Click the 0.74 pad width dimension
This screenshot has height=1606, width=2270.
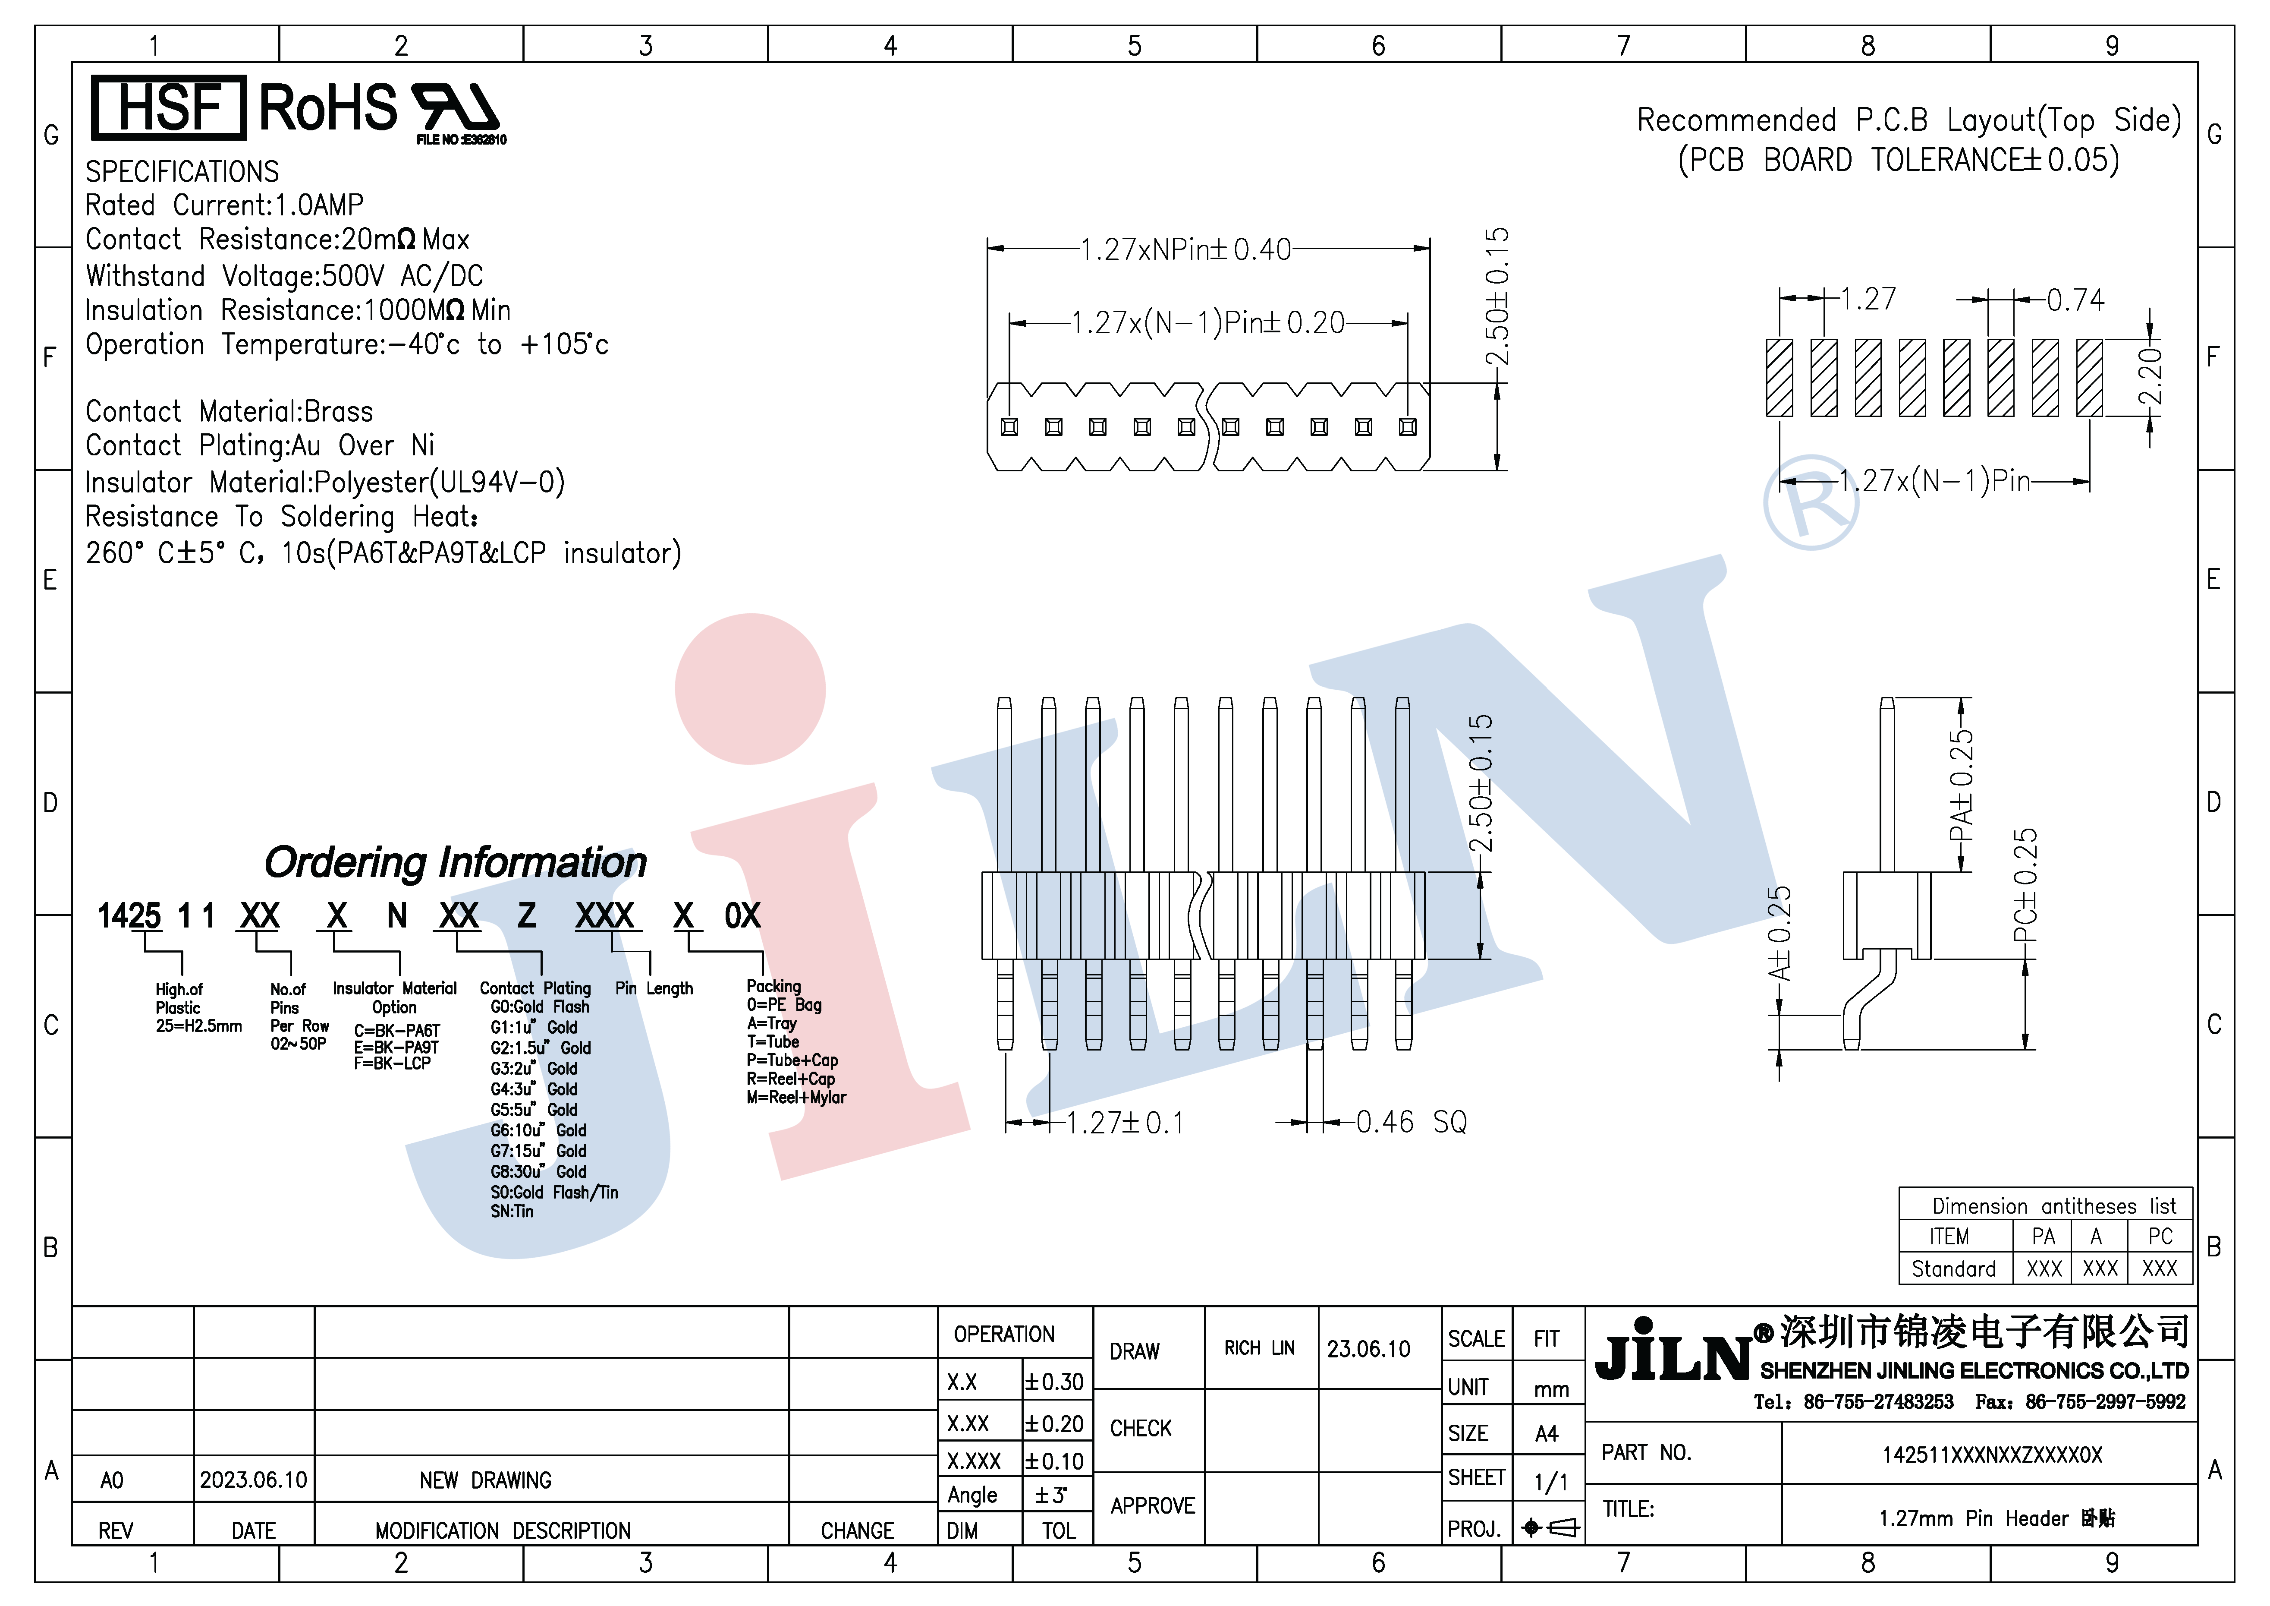[2075, 300]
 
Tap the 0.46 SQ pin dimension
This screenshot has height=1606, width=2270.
[1411, 1121]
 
